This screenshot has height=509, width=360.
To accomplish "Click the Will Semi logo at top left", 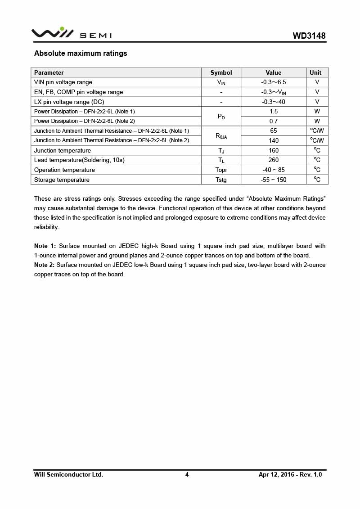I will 71,33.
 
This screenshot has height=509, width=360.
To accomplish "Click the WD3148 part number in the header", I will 309,36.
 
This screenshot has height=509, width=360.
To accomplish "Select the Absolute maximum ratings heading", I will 81,54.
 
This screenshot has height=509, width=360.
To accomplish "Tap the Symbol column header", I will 221,72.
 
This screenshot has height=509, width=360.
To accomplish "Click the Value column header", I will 273,72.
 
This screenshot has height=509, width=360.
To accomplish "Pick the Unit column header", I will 315,72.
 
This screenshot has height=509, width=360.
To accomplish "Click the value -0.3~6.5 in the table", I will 273,82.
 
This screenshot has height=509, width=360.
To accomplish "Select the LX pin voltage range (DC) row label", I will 69,102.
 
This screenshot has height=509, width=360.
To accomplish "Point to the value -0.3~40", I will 273,102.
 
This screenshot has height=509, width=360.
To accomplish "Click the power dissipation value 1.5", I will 273,111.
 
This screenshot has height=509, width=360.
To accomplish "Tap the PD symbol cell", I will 221,117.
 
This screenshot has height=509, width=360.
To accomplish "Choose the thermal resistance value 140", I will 273,140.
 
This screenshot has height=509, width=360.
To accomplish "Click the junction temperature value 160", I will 273,150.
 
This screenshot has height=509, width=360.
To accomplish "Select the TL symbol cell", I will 221,160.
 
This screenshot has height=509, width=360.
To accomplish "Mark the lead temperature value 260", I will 273,160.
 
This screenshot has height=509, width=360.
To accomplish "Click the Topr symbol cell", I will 221,170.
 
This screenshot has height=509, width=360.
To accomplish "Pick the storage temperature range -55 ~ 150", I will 273,180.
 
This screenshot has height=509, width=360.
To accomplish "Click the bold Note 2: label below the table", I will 44,265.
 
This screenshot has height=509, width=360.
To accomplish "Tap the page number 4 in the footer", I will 187,474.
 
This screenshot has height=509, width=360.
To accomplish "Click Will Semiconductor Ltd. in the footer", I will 68,474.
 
